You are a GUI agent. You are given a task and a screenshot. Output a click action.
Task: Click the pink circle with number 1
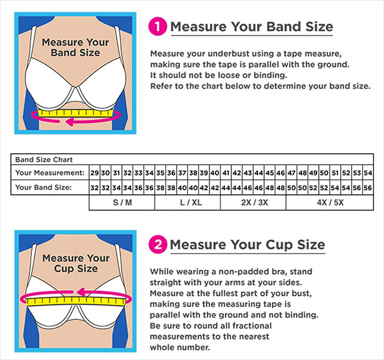pyautogui.click(x=157, y=27)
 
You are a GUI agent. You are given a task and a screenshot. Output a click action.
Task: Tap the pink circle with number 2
pyautogui.click(x=157, y=244)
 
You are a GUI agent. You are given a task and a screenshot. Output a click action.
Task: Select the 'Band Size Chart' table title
pyautogui.click(x=39, y=160)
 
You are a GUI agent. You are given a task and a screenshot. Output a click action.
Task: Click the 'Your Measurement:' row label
pyautogui.click(x=50, y=173)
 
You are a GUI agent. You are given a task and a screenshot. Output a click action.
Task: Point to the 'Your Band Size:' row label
pyautogui.click(x=44, y=187)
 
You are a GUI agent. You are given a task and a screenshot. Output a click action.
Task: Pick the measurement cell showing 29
pyautogui.click(x=94, y=173)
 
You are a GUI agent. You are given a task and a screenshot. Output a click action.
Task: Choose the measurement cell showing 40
pyautogui.click(x=215, y=173)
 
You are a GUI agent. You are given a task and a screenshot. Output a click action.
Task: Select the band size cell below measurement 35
pyautogui.click(x=160, y=187)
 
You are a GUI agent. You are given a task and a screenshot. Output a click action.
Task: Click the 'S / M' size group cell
pyautogui.click(x=122, y=202)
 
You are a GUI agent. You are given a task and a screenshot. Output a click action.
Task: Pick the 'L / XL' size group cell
pyautogui.click(x=188, y=202)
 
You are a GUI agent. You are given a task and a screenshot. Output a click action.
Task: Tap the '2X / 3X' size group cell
pyautogui.click(x=253, y=202)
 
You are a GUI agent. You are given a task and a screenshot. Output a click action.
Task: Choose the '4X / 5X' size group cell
pyautogui.click(x=329, y=202)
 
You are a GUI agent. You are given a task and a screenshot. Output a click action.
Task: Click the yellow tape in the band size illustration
pyautogui.click(x=77, y=114)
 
